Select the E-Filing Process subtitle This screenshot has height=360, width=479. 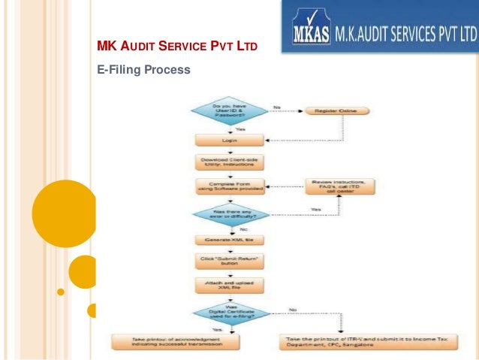pos(144,70)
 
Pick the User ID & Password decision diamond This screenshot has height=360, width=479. pos(229,112)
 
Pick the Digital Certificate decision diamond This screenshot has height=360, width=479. pos(229,313)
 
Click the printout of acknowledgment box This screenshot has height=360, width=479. pos(175,342)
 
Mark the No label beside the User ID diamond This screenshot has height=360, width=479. pos(277,107)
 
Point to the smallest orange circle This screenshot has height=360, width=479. pos(92,310)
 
